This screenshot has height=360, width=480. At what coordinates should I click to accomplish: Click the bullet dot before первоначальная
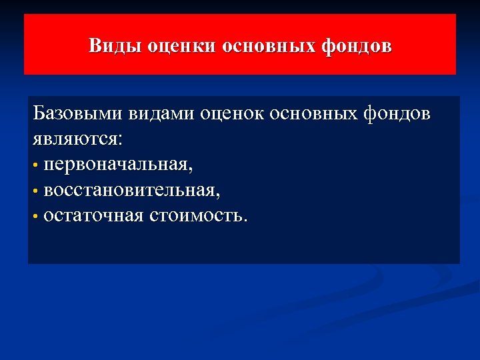(x=35, y=165)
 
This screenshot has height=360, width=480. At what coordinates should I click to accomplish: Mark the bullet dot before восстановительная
(x=35, y=191)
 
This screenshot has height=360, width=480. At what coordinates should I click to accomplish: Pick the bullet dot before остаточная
(x=35, y=216)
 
